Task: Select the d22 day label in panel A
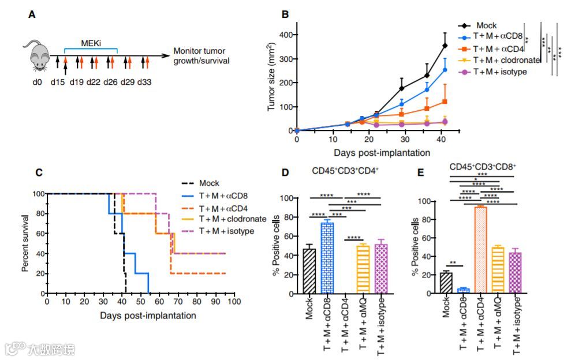pyautogui.click(x=94, y=82)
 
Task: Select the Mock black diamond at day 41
pyautogui.click(x=445, y=46)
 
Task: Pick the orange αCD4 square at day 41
pyautogui.click(x=445, y=102)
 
